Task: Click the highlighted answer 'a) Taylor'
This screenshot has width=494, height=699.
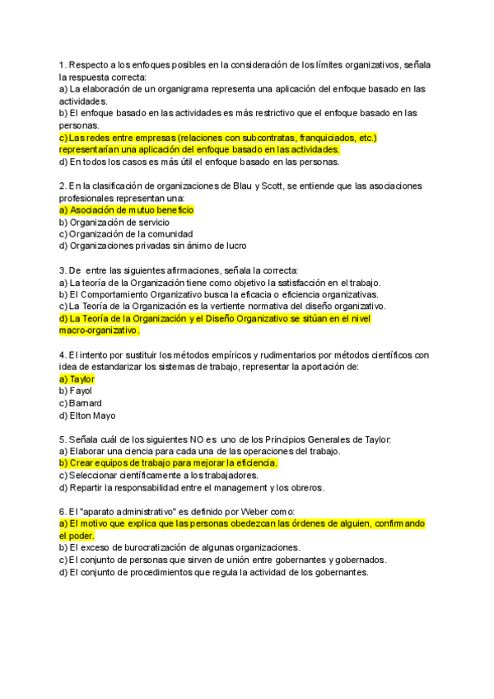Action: coord(77,379)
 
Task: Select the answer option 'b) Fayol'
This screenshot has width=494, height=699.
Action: coord(76,391)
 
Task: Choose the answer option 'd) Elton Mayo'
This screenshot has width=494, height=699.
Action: coord(88,415)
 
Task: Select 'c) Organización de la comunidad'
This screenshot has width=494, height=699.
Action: coord(126,234)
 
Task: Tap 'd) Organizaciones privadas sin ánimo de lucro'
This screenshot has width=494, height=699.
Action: coord(152,246)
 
